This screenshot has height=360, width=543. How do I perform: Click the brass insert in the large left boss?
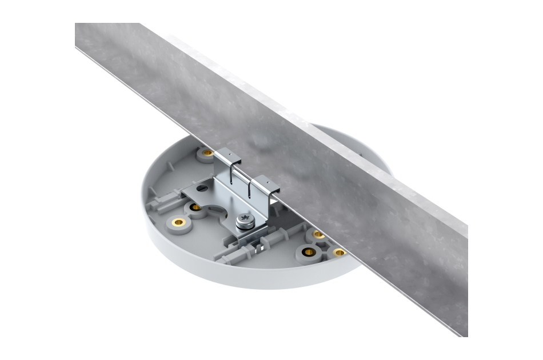178,222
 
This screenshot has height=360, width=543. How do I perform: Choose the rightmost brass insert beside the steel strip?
340,252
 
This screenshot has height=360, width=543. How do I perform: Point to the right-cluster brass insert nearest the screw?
318,235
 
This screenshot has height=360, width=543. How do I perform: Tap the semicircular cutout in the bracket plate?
220,209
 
